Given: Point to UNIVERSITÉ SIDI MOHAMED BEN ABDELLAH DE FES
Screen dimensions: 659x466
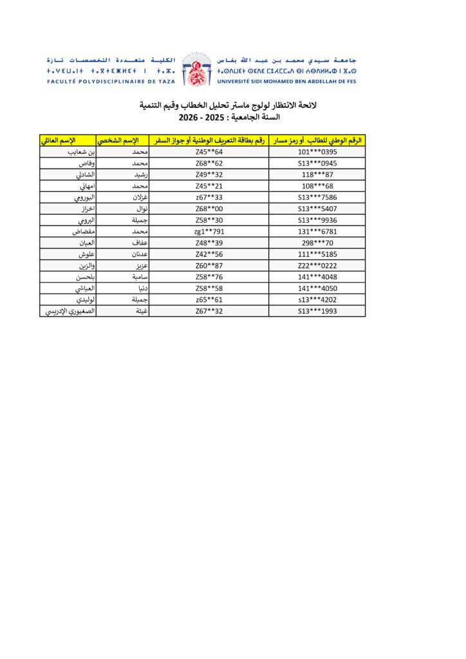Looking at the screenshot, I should [x=287, y=82].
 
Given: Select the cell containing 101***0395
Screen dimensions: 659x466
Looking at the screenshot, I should [x=318, y=152].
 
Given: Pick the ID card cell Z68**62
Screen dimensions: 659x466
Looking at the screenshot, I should [x=209, y=163].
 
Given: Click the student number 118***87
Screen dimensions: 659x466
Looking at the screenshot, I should [x=318, y=174].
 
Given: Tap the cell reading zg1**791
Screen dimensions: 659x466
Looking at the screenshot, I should [x=209, y=231].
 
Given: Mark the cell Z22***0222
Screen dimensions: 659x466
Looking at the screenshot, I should [x=318, y=265].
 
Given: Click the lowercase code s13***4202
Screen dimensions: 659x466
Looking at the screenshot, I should [x=318, y=299].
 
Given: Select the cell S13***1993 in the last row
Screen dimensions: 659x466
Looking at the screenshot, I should [x=318, y=311].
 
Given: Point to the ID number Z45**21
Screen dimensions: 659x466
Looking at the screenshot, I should [x=209, y=186].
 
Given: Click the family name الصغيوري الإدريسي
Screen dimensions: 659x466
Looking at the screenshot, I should [x=69, y=311].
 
